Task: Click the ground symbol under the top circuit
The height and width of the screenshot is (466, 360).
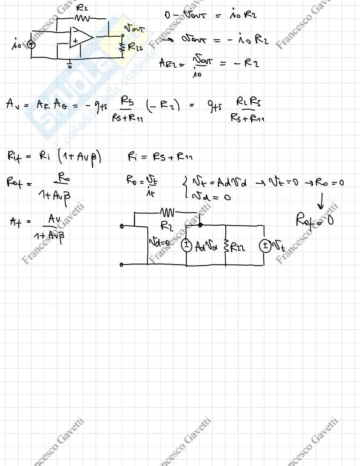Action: [69, 65]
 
